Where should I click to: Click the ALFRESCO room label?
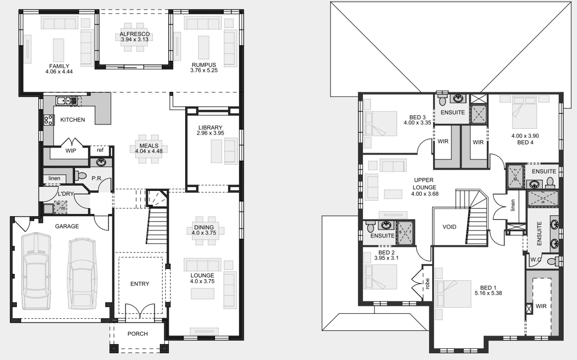135,34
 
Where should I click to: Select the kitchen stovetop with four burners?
49,120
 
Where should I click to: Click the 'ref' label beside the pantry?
100,150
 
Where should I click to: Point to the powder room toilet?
80,176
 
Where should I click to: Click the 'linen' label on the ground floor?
54,178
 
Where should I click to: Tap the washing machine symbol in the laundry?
61,207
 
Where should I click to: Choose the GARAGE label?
67,226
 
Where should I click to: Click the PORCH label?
138,334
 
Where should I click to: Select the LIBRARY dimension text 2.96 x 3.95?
210,133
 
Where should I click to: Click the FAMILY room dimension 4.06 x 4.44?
59,72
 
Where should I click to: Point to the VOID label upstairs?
449,227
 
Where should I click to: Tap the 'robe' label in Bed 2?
427,284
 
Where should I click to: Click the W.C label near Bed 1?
536,260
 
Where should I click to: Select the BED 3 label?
417,117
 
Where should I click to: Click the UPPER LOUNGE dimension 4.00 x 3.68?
425,194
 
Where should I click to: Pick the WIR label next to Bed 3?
443,141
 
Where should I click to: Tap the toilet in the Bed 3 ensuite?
442,99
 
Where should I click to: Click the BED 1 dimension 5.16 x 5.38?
488,293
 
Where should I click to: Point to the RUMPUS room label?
204,65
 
